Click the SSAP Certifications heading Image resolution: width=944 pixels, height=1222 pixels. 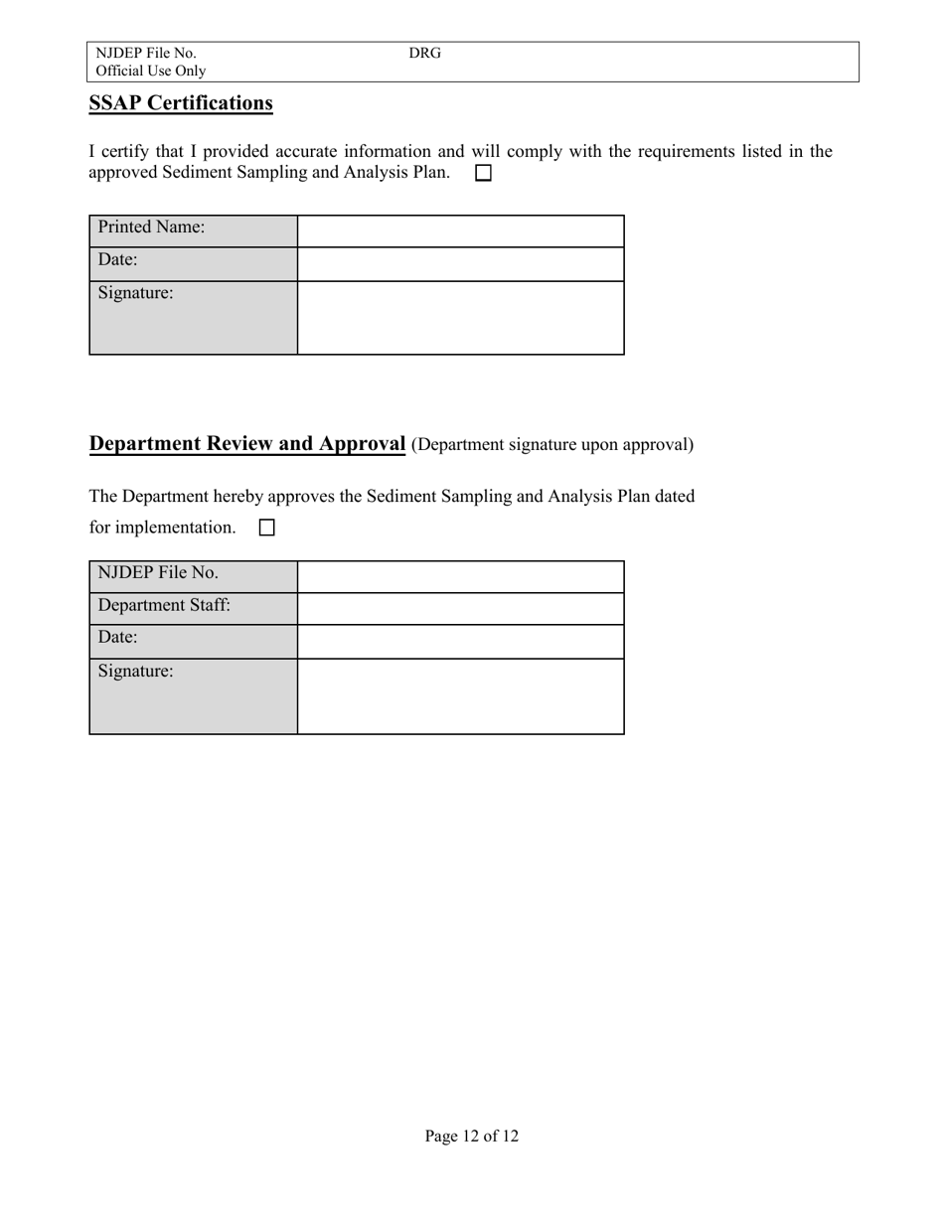pos(181,103)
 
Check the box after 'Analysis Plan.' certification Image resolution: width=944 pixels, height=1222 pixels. pos(484,173)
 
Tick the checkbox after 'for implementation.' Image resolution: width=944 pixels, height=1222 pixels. pos(266,529)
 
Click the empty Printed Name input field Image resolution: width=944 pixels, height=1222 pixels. pos(460,230)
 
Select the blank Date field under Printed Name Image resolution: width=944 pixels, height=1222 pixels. pos(460,264)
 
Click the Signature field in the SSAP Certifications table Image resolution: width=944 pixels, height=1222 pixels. pos(460,318)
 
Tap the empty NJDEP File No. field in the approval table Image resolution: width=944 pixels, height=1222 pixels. pos(460,576)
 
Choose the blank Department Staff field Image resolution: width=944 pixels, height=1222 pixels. pos(460,609)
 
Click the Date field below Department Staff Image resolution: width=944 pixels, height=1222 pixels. pos(460,642)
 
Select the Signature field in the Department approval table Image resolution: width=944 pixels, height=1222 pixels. pos(460,696)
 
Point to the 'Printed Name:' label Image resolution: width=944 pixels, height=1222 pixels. pos(151,228)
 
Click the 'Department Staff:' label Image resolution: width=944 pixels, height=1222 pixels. pos(164,605)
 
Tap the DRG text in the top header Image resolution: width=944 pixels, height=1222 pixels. pos(424,53)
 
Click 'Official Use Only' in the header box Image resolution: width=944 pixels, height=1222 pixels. pos(151,71)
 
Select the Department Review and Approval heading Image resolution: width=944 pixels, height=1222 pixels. pos(247,444)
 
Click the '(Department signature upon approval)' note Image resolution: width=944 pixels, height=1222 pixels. pos(552,445)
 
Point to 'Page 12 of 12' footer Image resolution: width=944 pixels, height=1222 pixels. pos(471,1136)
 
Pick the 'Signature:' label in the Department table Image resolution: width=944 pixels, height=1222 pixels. pos(136,672)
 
